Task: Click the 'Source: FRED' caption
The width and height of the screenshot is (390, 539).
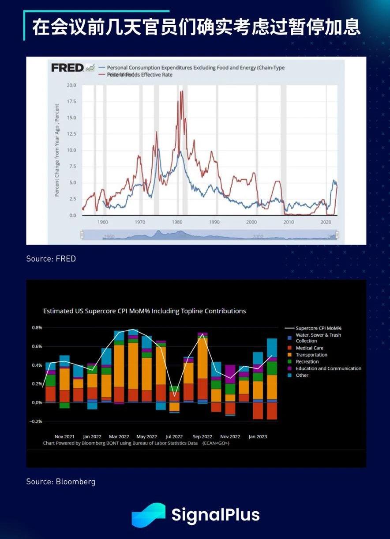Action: click(51, 259)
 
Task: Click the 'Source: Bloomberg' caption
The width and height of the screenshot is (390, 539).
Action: click(60, 482)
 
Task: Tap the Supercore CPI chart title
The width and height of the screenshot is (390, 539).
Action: click(144, 311)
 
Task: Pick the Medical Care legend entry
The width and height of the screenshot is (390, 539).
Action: click(309, 348)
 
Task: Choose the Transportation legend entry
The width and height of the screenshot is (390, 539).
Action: click(311, 355)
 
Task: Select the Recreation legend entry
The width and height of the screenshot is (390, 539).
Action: click(307, 362)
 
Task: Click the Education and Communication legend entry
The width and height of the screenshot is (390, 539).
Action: click(328, 368)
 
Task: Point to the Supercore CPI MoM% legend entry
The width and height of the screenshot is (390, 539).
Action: click(319, 328)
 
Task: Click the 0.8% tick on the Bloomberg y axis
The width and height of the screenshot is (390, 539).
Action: click(37, 328)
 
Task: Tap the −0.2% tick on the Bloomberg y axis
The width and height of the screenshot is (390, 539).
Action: click(36, 421)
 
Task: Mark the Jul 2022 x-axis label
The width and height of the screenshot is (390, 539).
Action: click(174, 437)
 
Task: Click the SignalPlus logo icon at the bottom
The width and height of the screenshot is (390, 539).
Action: click(149, 515)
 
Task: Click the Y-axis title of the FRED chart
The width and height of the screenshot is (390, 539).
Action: click(57, 150)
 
